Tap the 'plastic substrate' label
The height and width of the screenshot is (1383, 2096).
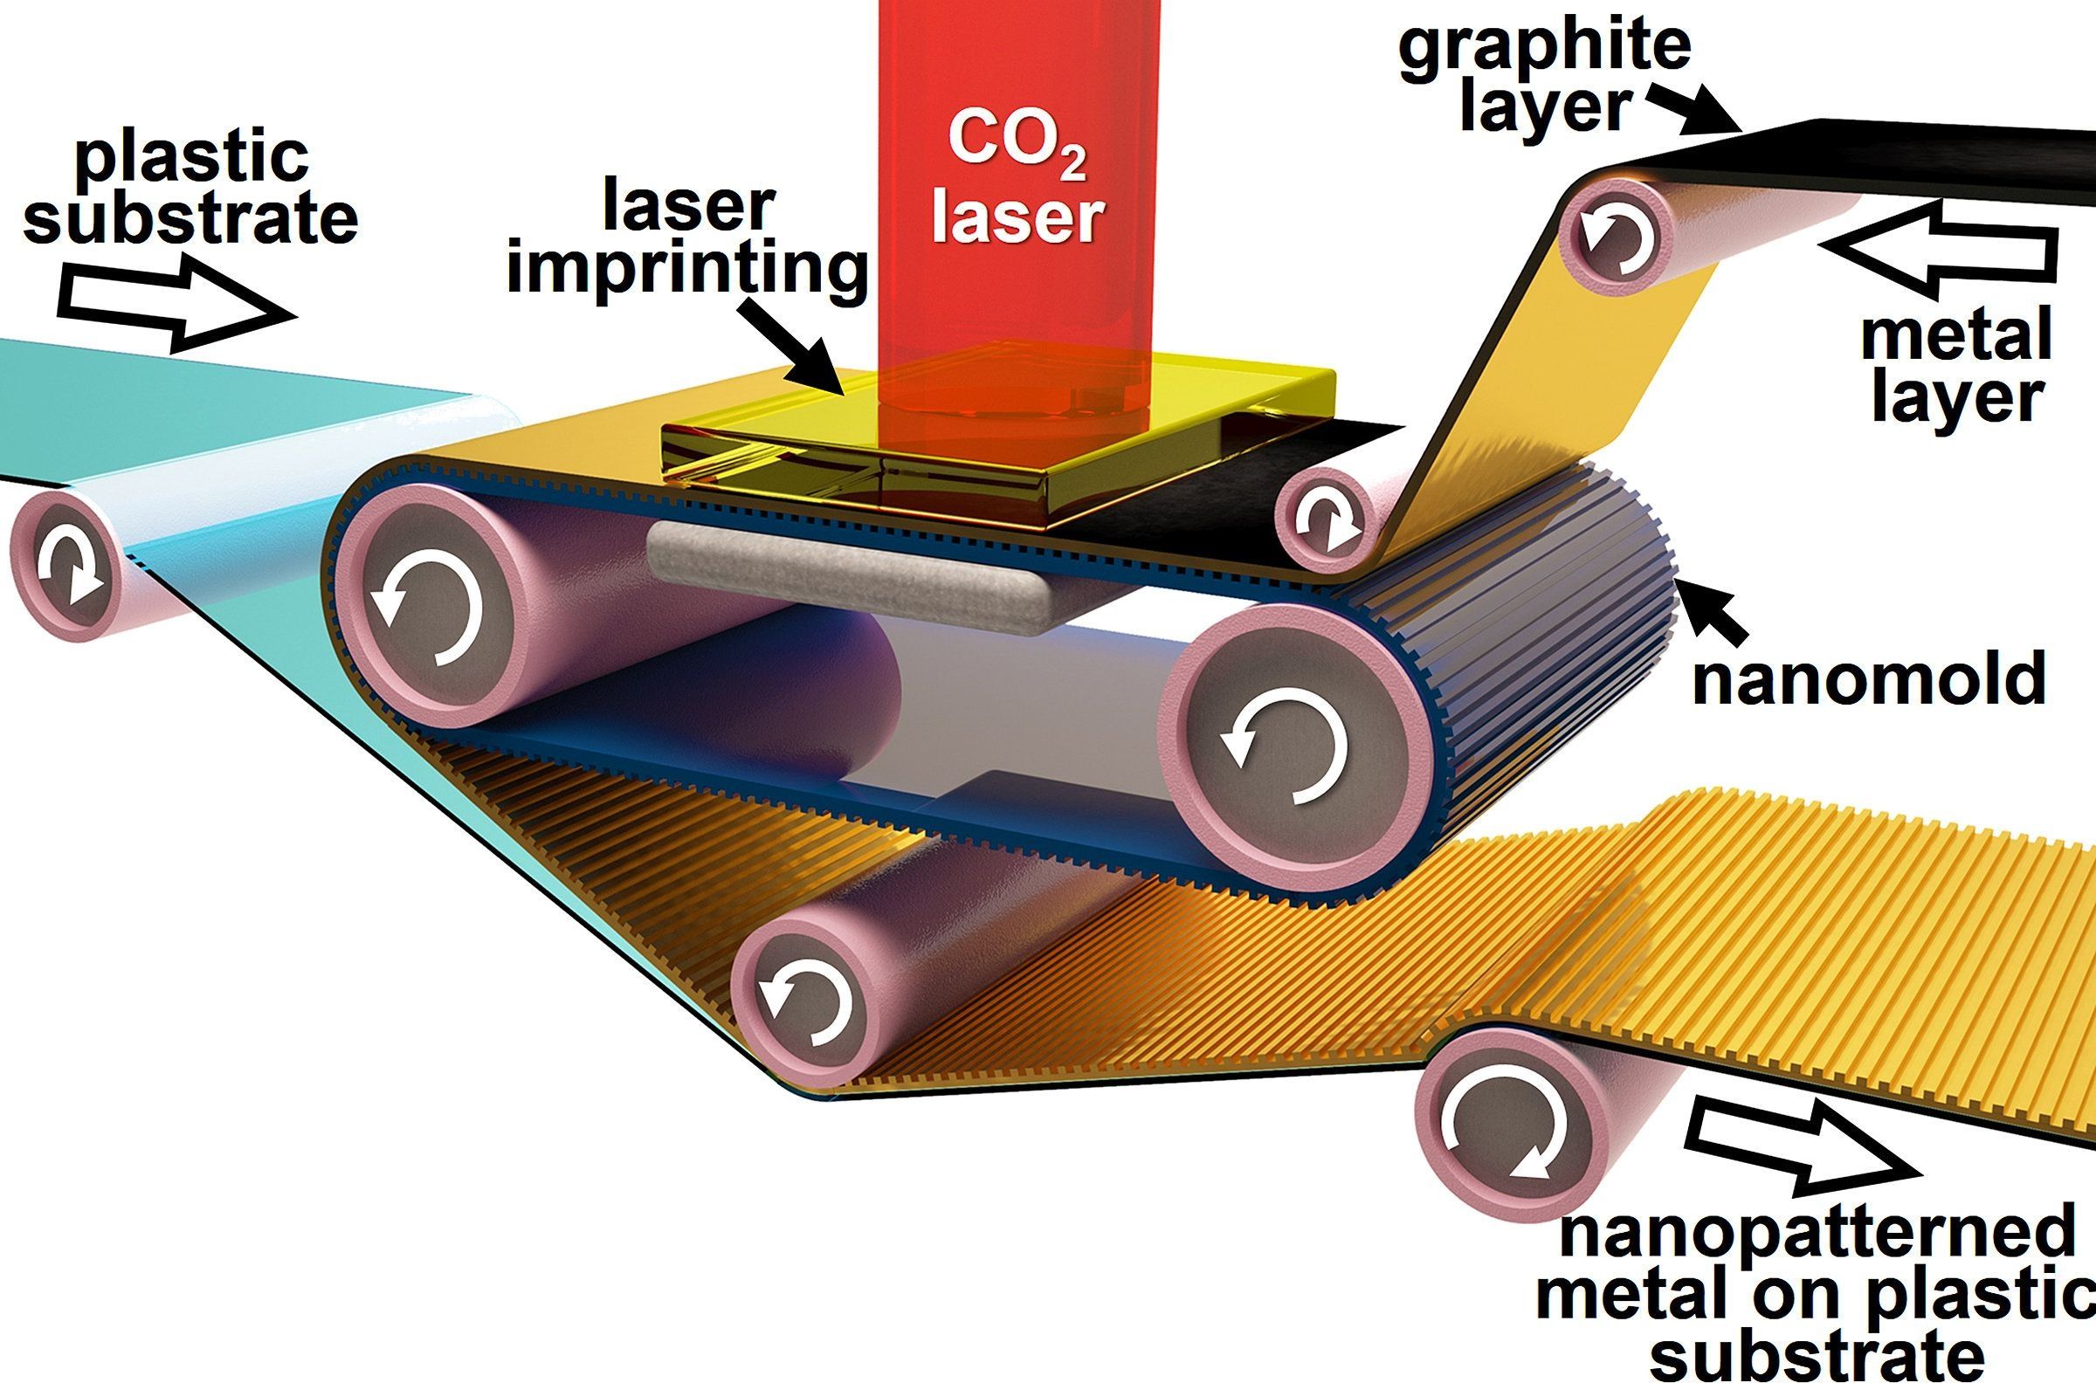click(190, 190)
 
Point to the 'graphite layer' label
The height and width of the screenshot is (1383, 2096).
click(1544, 74)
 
